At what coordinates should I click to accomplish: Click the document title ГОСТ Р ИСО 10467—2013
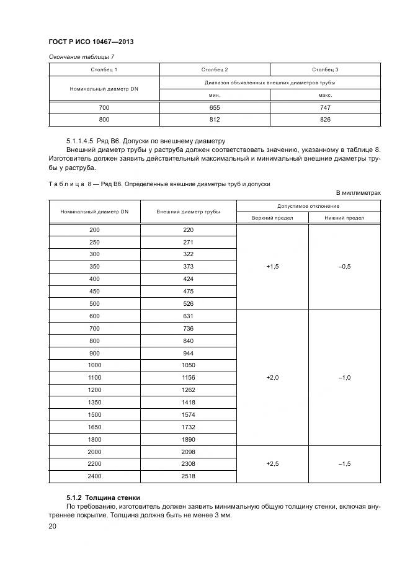tap(91, 42)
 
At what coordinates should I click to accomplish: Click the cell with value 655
tap(215, 107)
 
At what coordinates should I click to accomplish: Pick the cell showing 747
tap(326, 107)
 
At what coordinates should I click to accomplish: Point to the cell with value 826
tap(326, 119)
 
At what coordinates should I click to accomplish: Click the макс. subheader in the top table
tap(326, 95)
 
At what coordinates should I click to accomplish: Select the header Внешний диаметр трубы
tap(189, 212)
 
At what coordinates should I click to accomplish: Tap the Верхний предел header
tap(272, 218)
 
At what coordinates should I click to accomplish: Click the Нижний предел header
tap(344, 218)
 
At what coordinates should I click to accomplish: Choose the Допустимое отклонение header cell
tap(308, 206)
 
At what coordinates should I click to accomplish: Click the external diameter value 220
tap(189, 230)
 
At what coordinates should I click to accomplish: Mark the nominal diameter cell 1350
tap(95, 402)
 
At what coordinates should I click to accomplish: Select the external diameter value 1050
tap(189, 365)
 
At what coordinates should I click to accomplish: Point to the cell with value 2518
tap(189, 476)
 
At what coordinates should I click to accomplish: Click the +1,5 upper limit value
tap(272, 267)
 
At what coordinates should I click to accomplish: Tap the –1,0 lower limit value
tap(344, 377)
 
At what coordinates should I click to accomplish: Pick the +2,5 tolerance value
tap(272, 463)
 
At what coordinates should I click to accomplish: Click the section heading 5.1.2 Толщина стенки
tap(103, 497)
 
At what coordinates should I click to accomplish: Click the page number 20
tap(53, 526)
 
